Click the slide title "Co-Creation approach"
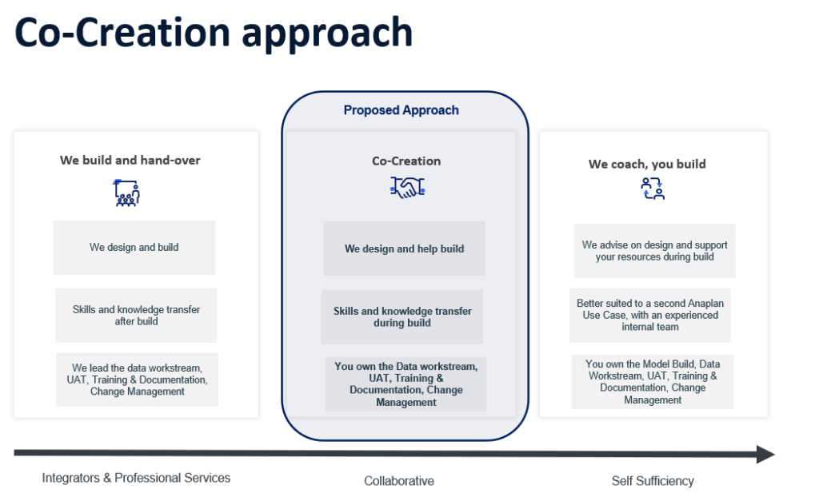tap(214, 34)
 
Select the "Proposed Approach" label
tap(401, 110)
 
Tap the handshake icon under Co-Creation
tap(407, 188)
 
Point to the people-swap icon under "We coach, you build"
tap(653, 189)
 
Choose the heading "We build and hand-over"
tap(130, 160)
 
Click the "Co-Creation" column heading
tap(406, 161)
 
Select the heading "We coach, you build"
tap(647, 164)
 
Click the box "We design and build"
tap(134, 248)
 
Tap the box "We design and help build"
tap(404, 248)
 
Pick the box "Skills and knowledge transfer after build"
tap(136, 315)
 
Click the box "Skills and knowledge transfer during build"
tap(402, 316)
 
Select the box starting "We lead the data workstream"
tap(137, 380)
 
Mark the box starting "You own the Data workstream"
tap(406, 384)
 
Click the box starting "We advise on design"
tap(654, 251)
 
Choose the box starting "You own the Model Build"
tap(653, 382)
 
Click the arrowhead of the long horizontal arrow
tap(765, 455)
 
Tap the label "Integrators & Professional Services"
tap(136, 478)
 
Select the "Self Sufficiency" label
tap(652, 481)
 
